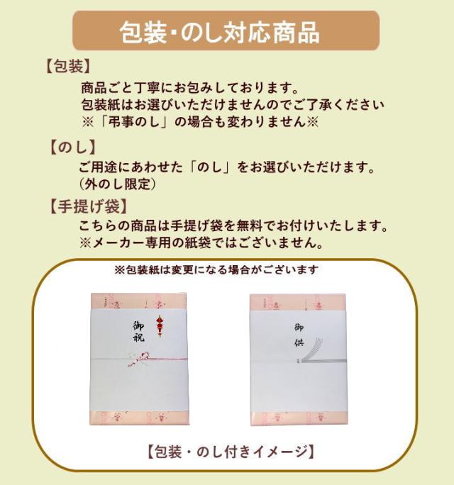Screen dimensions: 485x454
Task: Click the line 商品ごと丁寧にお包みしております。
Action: click(188, 87)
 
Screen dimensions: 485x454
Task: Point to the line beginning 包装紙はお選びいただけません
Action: click(233, 104)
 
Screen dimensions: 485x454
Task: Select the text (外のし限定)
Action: click(118, 184)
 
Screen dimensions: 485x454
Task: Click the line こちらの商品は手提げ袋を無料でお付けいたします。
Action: click(233, 226)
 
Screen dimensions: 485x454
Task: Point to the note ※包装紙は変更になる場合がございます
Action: click(216, 270)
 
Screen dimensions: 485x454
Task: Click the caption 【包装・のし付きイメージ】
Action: click(231, 450)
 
